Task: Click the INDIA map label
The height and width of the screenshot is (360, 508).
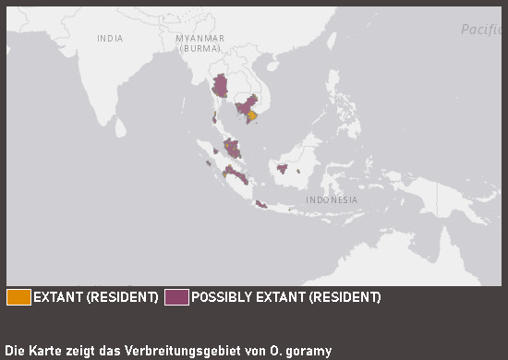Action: click(x=110, y=38)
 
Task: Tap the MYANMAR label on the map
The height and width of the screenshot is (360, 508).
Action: click(x=200, y=38)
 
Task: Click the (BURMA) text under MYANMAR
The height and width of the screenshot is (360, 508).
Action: click(x=200, y=48)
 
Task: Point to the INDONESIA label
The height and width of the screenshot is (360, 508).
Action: click(x=333, y=199)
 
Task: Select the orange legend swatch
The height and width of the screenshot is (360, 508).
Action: click(x=18, y=297)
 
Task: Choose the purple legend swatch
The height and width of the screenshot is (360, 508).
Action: click(x=176, y=297)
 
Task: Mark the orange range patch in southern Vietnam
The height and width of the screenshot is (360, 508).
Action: click(x=252, y=115)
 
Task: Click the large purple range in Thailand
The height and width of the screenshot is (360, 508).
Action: click(x=220, y=88)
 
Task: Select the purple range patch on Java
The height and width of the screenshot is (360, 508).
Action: click(x=261, y=204)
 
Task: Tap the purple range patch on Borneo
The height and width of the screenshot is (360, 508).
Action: click(x=282, y=168)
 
